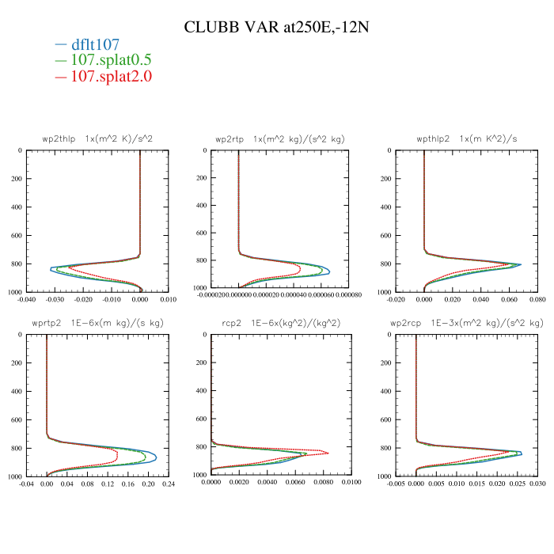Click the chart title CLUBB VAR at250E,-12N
[x=277, y=27]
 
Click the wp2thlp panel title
[x=97, y=139]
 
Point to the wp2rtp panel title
[x=280, y=139]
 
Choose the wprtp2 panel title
[x=98, y=324]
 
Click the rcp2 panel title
[x=281, y=324]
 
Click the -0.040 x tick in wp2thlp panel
[x=28, y=300]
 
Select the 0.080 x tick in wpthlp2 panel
[x=537, y=300]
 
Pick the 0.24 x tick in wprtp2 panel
[x=168, y=484]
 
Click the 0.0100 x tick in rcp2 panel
[x=352, y=484]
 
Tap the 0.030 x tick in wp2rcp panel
[x=537, y=484]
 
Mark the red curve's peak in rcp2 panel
[x=328, y=453]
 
